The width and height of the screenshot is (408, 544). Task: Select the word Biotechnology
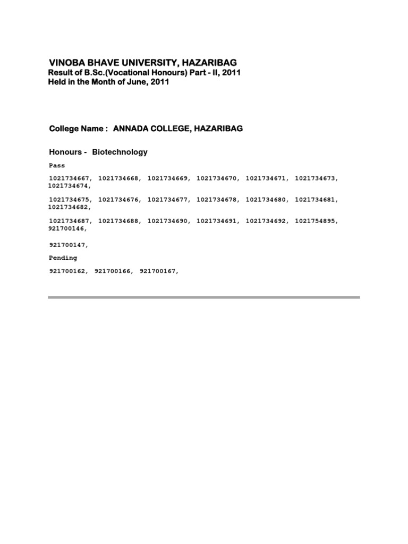pos(120,152)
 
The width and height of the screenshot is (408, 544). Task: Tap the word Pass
pos(57,166)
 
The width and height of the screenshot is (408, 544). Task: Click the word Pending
pos(63,258)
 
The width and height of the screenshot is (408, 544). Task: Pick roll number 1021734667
pos(69,178)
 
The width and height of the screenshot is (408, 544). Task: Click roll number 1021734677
pos(167,200)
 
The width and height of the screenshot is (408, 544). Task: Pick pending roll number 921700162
pos(67,271)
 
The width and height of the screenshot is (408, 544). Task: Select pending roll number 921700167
pos(158,271)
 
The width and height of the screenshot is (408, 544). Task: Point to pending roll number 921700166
pos(113,271)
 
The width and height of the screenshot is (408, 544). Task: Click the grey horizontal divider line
pos(204,297)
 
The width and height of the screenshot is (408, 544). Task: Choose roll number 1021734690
pos(167,221)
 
